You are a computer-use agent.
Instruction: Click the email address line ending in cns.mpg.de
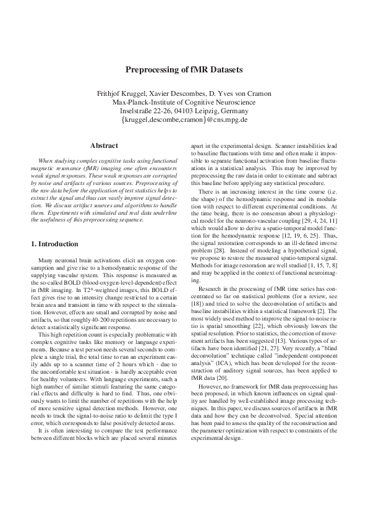pos(184,119)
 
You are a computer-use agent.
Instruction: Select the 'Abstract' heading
pos(104,145)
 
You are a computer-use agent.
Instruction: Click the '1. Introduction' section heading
pos(56,244)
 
